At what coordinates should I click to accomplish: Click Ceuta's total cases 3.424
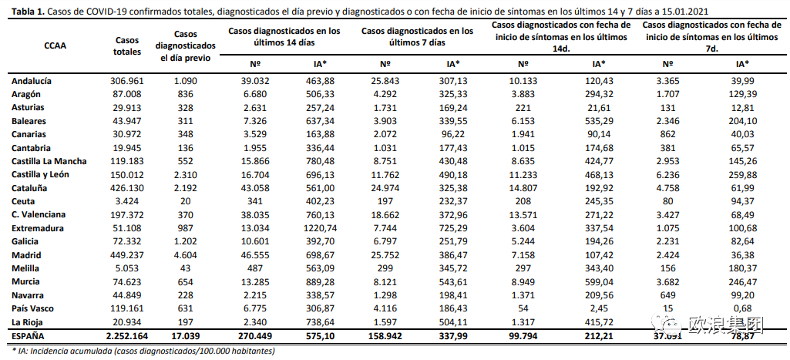[127, 201]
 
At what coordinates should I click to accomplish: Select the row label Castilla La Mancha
[49, 161]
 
